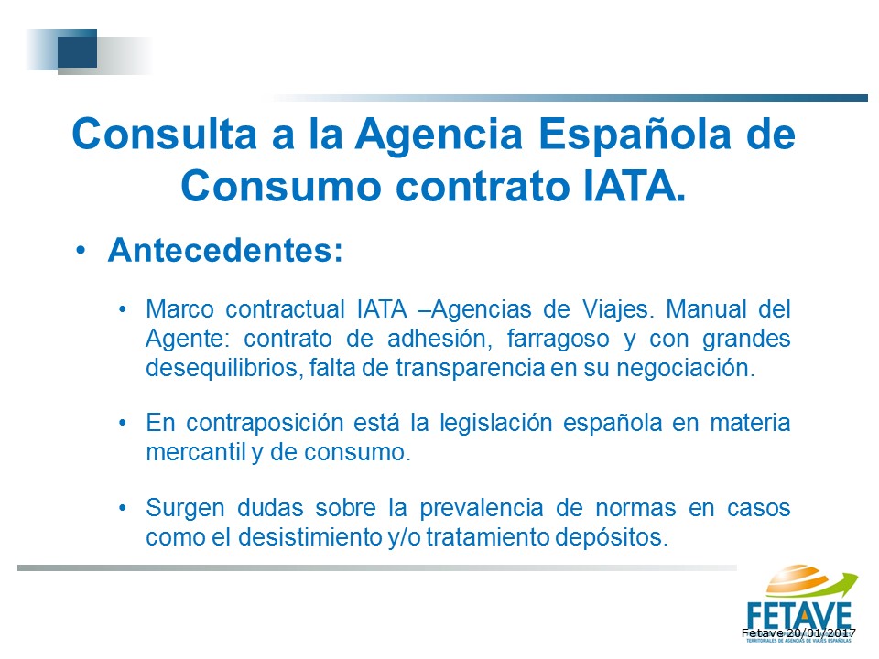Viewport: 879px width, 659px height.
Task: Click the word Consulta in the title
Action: (x=165, y=134)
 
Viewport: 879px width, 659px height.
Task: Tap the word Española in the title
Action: (x=635, y=135)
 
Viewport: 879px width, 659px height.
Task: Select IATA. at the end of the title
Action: (x=634, y=186)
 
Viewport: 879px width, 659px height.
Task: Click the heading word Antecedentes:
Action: (x=225, y=250)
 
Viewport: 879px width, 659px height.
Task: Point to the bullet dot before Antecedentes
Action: (x=81, y=250)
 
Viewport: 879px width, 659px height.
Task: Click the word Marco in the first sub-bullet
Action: (x=180, y=309)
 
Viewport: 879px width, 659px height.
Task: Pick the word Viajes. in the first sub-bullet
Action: (x=618, y=310)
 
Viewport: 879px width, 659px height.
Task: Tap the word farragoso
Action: (x=558, y=340)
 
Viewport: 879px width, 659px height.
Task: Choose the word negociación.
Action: (x=686, y=368)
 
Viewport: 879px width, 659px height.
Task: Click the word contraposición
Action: (x=265, y=423)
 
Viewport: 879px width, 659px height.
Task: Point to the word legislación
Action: (x=496, y=423)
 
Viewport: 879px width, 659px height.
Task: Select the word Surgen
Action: (x=186, y=509)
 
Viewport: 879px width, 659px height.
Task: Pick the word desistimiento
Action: (x=310, y=537)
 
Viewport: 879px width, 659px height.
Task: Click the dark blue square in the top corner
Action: (x=77, y=49)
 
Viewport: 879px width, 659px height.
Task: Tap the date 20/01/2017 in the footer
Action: (x=821, y=633)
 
